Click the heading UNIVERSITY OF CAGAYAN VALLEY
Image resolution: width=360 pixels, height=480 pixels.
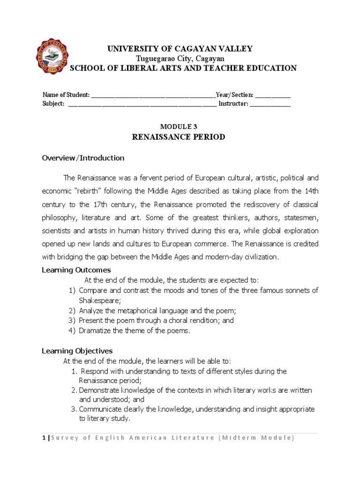(x=180, y=49)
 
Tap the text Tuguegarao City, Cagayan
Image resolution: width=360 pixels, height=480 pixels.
(x=180, y=59)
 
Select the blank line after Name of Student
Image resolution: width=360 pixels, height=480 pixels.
(x=153, y=95)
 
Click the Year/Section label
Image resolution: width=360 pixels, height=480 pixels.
(x=235, y=95)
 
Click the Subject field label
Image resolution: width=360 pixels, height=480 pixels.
(x=53, y=104)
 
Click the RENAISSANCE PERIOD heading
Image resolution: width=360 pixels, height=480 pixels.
(x=179, y=137)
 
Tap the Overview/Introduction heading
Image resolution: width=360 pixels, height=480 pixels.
(x=83, y=158)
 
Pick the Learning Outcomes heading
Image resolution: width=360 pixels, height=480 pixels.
(x=76, y=270)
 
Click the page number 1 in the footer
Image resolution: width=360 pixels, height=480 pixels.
(x=44, y=438)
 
